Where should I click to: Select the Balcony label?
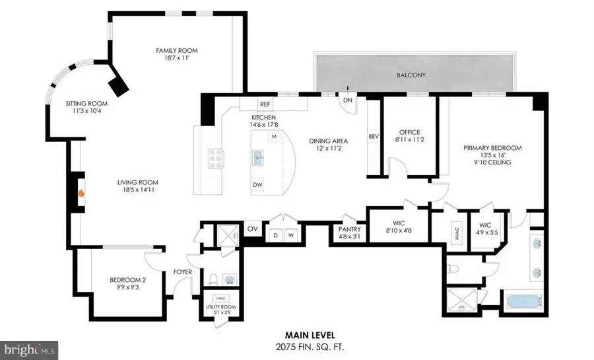pyautogui.click(x=411, y=75)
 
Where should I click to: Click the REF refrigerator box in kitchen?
pyautogui.click(x=265, y=104)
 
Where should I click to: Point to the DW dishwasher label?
pyautogui.click(x=257, y=184)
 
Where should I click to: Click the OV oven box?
pyautogui.click(x=252, y=229)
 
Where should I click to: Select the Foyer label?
pyautogui.click(x=182, y=271)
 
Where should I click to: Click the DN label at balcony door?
pyautogui.click(x=346, y=101)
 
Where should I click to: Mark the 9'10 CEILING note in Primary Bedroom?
pyautogui.click(x=492, y=162)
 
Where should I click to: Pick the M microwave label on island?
pyautogui.click(x=273, y=137)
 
